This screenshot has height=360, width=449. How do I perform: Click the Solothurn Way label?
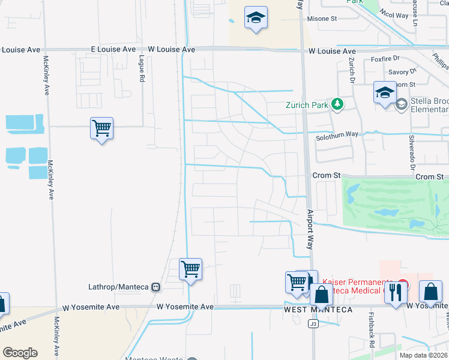click(x=337, y=137)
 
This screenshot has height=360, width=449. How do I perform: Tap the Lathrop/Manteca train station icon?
click(x=156, y=287)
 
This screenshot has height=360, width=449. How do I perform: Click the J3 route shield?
click(x=313, y=324)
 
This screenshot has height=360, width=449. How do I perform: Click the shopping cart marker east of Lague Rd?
click(x=101, y=128)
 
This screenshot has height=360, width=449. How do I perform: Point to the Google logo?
click(x=20, y=353)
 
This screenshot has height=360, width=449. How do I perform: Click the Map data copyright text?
click(x=423, y=355)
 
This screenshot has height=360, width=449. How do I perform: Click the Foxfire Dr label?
click(x=385, y=59)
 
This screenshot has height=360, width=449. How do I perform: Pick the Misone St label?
click(x=322, y=19)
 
